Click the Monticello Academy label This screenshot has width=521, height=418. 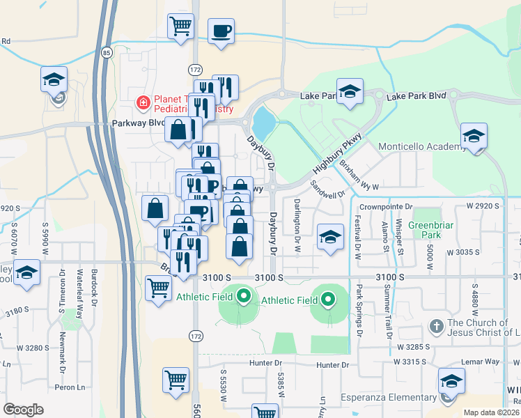(421, 147)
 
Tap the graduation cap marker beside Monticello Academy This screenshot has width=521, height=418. (474, 137)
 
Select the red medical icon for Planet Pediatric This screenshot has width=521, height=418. (143, 104)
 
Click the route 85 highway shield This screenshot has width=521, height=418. (106, 52)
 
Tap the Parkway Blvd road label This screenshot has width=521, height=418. (137, 123)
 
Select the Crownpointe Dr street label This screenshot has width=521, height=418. (386, 207)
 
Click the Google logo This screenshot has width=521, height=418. (24, 409)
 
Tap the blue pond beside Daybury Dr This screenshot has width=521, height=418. (263, 124)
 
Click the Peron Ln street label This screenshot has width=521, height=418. (75, 386)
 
